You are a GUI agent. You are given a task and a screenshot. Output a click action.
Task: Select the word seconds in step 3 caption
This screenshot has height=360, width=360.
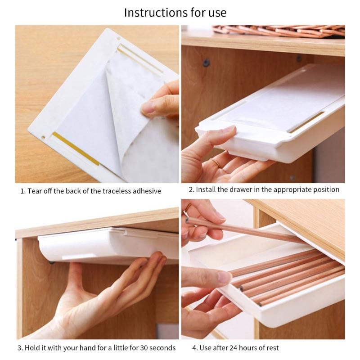pyautogui.click(x=162, y=347)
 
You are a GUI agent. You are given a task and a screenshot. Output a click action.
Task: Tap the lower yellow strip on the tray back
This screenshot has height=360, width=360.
pyautogui.click(x=76, y=149)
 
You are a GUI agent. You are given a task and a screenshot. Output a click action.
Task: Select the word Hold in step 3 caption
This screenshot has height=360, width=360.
pyautogui.click(x=32, y=347)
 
